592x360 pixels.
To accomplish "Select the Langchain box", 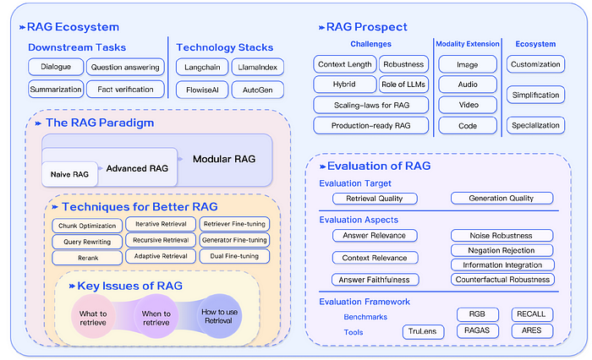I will coord(198,66).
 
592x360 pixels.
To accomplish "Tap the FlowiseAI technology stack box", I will coord(198,89).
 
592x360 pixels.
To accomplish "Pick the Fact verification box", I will coord(124,89).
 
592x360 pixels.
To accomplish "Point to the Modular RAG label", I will coord(223,160).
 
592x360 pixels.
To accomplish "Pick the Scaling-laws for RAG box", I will coord(370,105).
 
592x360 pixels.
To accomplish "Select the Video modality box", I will coord(467,105).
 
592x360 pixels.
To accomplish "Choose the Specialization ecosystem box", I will coord(535,125).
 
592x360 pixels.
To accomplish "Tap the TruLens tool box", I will coord(422,331).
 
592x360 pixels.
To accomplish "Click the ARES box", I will coord(533,331).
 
